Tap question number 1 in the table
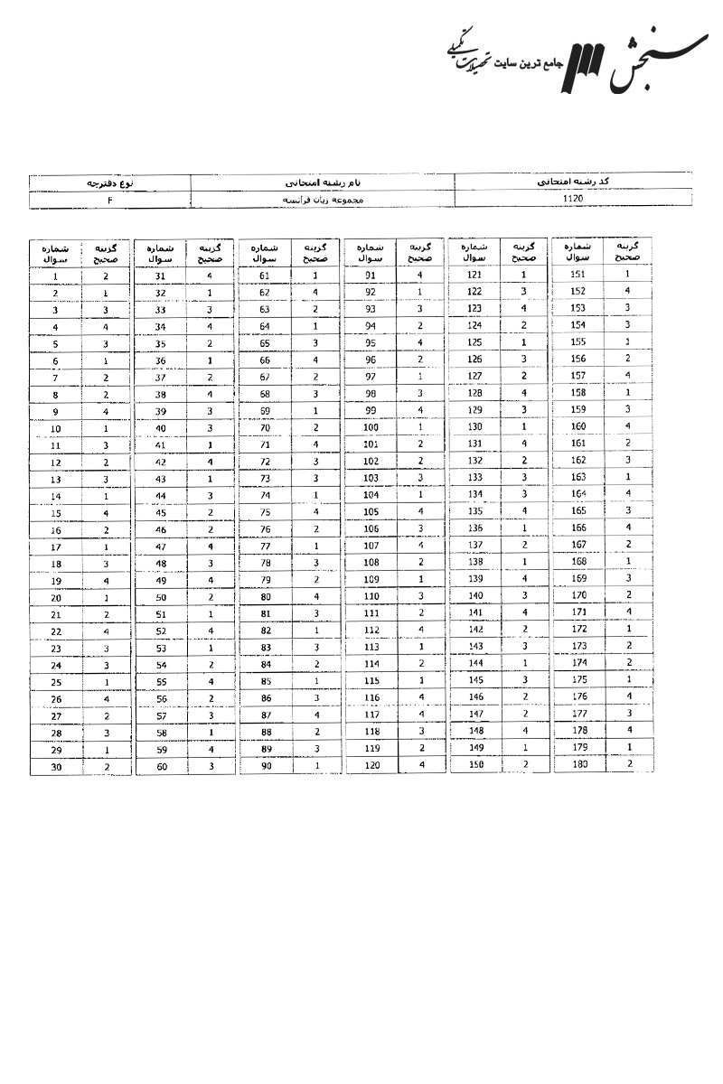(55, 276)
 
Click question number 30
(55, 766)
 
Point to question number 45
(161, 512)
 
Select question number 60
(161, 766)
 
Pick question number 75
(265, 512)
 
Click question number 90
(265, 766)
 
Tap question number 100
(371, 426)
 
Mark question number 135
(474, 511)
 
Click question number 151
(579, 274)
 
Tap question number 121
(474, 275)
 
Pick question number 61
(265, 276)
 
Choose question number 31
(161, 276)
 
